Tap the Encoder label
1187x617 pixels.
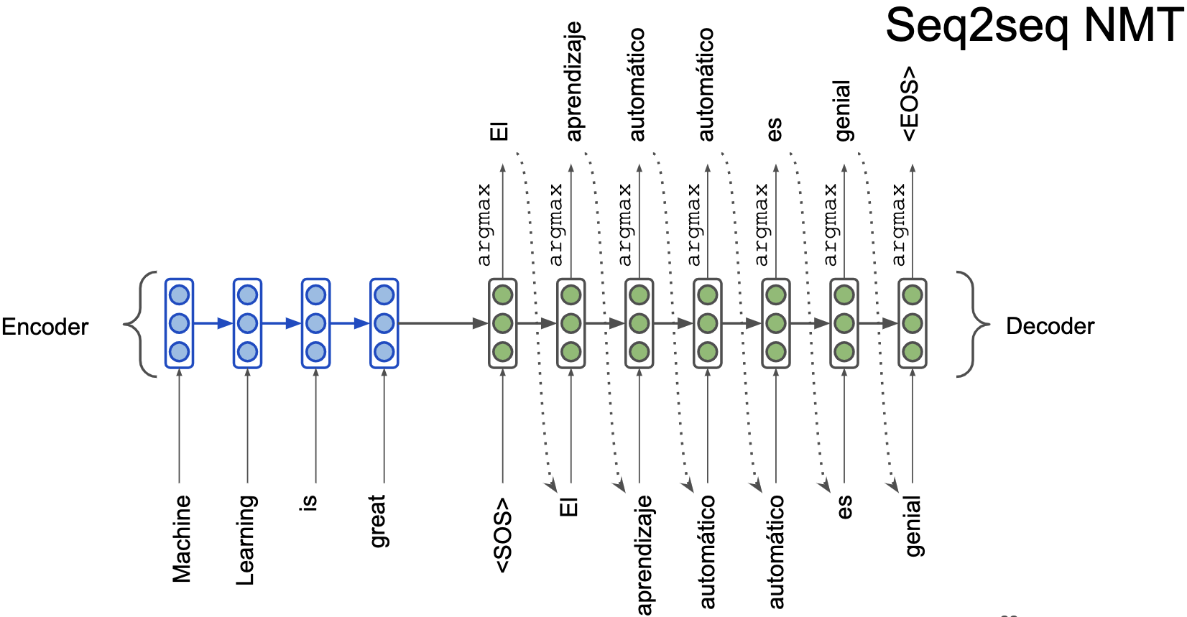pyautogui.click(x=45, y=327)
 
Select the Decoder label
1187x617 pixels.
pyautogui.click(x=1050, y=326)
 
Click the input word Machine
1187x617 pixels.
pyautogui.click(x=181, y=538)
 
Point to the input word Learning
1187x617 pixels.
pyautogui.click(x=246, y=539)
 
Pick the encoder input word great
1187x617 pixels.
pyautogui.click(x=378, y=521)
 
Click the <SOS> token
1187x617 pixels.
pyautogui.click(x=503, y=535)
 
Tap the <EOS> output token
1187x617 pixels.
pyautogui.click(x=909, y=103)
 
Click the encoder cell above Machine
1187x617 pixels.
pyautogui.click(x=179, y=323)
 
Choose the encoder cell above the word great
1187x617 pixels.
pyautogui.click(x=384, y=323)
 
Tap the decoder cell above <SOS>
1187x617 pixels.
pyautogui.click(x=502, y=323)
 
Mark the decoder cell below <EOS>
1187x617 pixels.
pyautogui.click(x=912, y=323)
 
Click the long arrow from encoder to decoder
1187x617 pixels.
pyautogui.click(x=442, y=323)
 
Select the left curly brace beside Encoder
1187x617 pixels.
pyautogui.click(x=141, y=324)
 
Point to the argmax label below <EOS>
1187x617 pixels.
pyautogui.click(x=899, y=225)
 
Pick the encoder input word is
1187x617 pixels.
pyautogui.click(x=309, y=503)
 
